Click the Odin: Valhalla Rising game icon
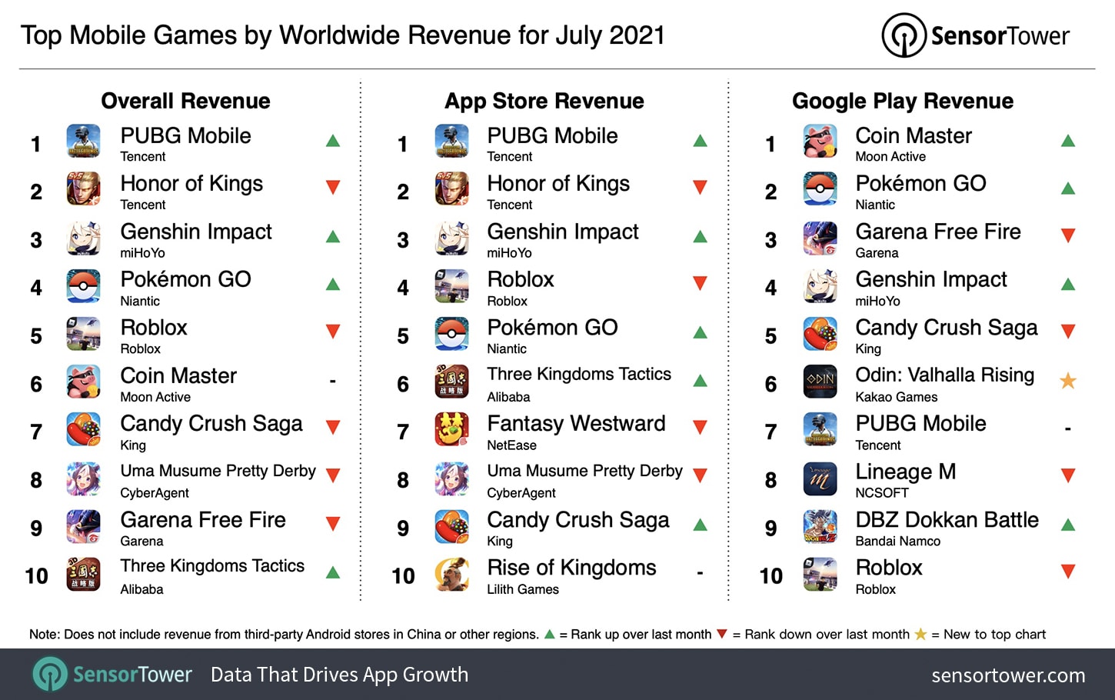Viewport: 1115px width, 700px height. pos(820,382)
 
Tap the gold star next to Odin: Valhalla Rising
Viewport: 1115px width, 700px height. pos(1067,380)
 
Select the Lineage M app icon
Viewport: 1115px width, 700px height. pos(820,478)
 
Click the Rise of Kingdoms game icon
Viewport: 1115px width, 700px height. pos(452,575)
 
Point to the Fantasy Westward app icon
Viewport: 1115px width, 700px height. pos(452,430)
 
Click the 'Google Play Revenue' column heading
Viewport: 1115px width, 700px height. pos(903,101)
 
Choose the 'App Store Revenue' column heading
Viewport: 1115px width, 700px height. pos(544,101)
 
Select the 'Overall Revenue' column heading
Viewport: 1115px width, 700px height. pos(185,101)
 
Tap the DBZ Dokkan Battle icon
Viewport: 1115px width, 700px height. pos(820,527)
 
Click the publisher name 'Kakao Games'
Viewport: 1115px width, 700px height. pos(896,397)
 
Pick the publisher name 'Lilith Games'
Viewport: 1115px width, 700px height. pos(523,589)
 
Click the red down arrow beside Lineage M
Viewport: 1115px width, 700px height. pos(1067,475)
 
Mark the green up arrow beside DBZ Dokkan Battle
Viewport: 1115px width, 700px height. pos(1067,525)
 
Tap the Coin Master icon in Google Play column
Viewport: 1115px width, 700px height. pos(820,142)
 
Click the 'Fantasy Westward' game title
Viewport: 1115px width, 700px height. pos(576,423)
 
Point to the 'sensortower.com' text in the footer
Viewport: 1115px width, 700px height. pos(1008,675)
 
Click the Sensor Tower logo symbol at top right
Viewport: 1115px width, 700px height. pos(904,35)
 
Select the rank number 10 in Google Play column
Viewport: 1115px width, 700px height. pos(771,576)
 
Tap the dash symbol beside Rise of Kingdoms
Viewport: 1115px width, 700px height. pos(700,573)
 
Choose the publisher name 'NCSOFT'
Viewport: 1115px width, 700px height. pos(882,493)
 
